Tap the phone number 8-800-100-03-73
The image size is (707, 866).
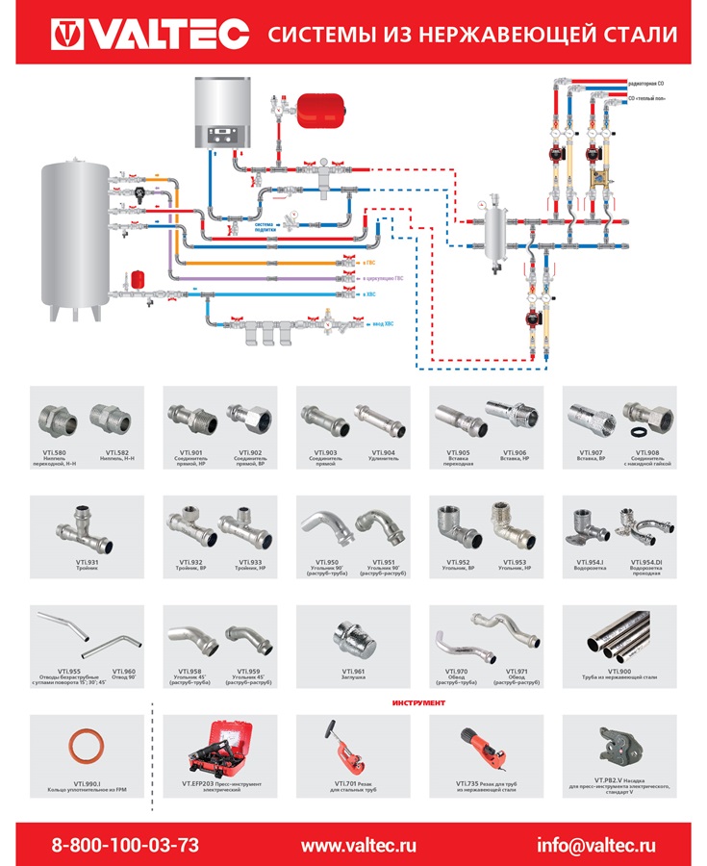(125, 846)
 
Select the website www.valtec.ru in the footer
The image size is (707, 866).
(359, 846)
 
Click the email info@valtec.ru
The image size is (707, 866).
(596, 846)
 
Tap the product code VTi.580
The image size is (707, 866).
(58, 450)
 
